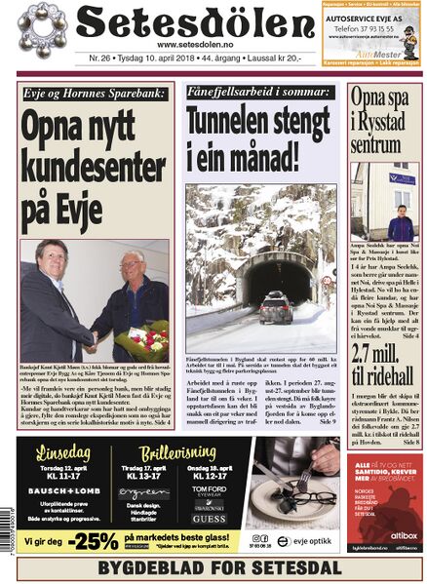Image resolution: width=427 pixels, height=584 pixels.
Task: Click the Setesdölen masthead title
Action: pos(185,21)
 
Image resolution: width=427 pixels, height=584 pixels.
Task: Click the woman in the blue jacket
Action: pos(401,221)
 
